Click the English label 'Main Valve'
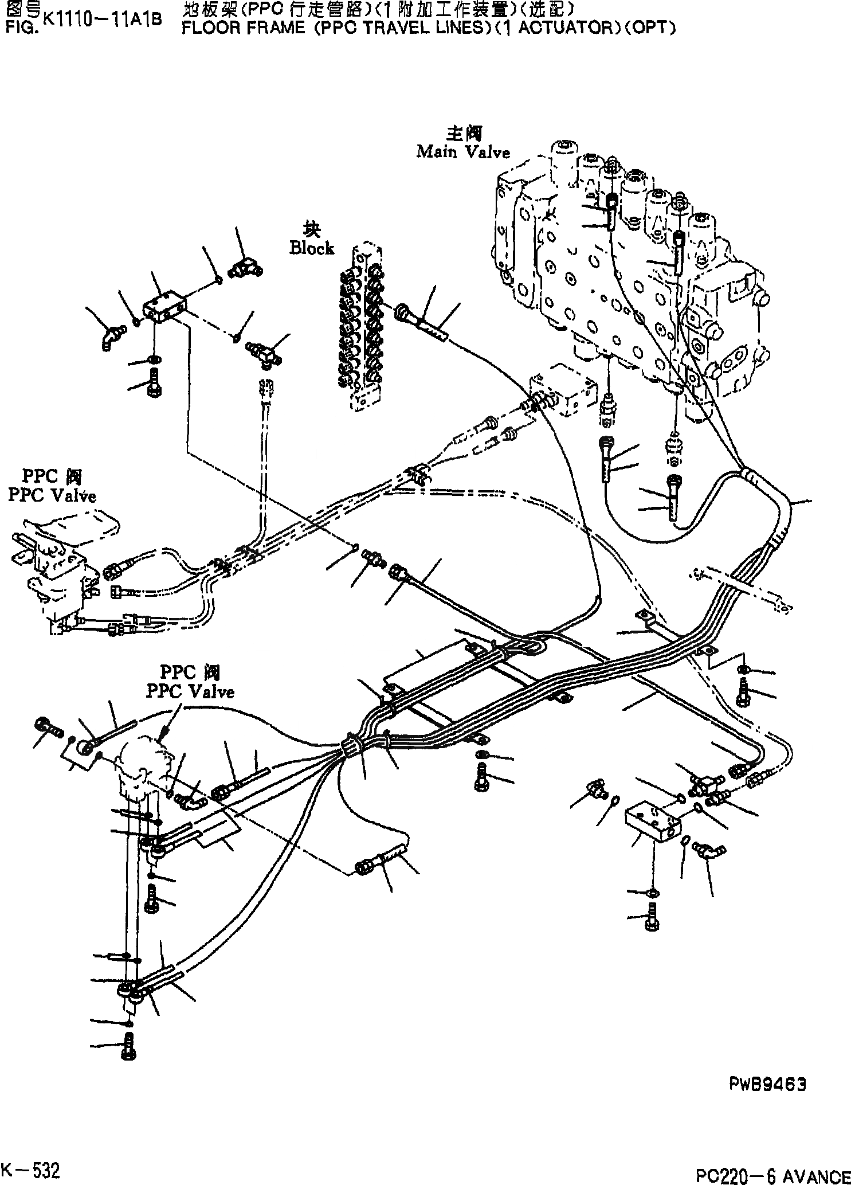[x=462, y=152]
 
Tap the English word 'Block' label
[x=311, y=248]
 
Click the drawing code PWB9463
[x=768, y=1084]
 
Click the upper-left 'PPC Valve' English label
[x=52, y=495]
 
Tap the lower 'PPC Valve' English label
[x=190, y=692]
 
